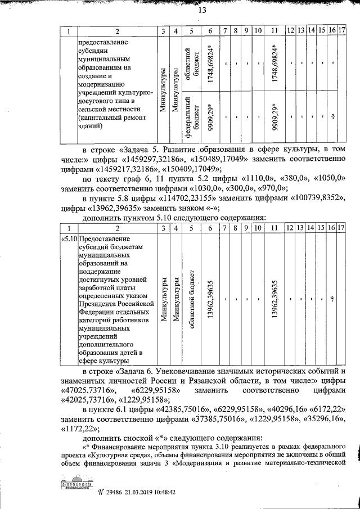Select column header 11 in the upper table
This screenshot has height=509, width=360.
274,31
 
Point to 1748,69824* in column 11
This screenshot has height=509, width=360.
274,63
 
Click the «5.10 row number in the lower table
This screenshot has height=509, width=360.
69,238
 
